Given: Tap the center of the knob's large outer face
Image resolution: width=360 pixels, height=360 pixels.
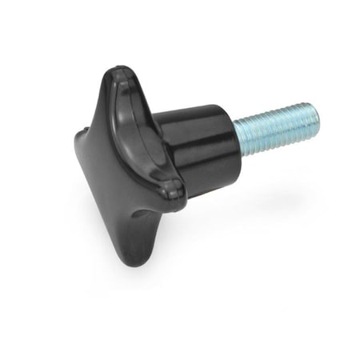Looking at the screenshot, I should [120, 160].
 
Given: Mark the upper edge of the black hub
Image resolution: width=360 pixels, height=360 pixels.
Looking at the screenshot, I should [192, 108].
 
